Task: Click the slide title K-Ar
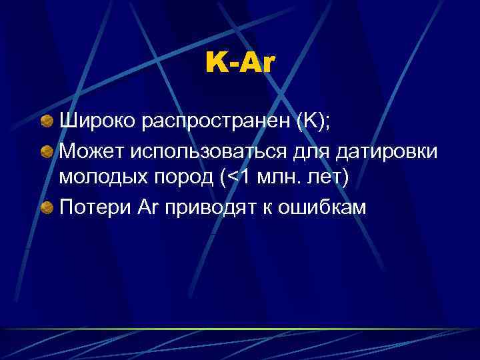click(x=240, y=63)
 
